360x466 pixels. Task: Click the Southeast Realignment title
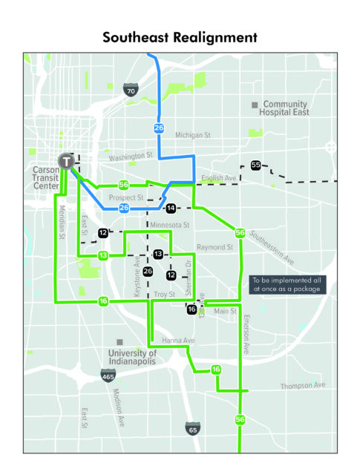pyautogui.click(x=180, y=38)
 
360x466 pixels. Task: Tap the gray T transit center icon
pyautogui.click(x=66, y=161)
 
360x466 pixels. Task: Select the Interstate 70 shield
pyautogui.click(x=131, y=90)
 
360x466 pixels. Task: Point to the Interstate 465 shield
pyautogui.click(x=108, y=376)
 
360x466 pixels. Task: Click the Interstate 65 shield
pyautogui.click(x=193, y=429)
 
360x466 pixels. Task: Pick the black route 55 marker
pyautogui.click(x=255, y=165)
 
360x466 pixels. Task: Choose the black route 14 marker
pyautogui.click(x=171, y=208)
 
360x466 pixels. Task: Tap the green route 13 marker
pyautogui.click(x=103, y=255)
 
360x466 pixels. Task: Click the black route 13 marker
pyautogui.click(x=158, y=254)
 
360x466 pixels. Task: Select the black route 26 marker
pyautogui.click(x=148, y=271)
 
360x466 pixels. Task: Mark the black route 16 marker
pyautogui.click(x=192, y=309)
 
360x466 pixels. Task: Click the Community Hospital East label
pyautogui.click(x=284, y=108)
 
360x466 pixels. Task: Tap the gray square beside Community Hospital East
pyautogui.click(x=255, y=105)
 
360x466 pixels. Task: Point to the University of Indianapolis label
pyautogui.click(x=132, y=357)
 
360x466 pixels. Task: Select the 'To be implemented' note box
pyautogui.click(x=287, y=285)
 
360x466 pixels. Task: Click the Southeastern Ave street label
pyautogui.click(x=272, y=248)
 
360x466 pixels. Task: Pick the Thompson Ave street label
pyautogui.click(x=303, y=385)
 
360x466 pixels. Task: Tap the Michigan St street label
pyautogui.click(x=193, y=135)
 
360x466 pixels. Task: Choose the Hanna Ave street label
pyautogui.click(x=178, y=341)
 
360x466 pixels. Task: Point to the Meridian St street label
pyautogui.click(x=62, y=222)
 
